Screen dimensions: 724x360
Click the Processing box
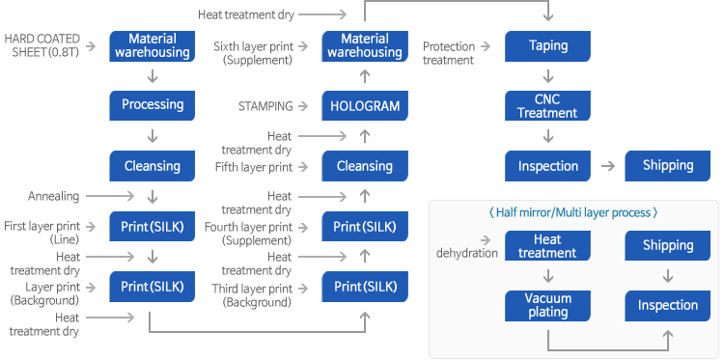(x=152, y=105)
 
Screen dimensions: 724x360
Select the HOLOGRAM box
(x=365, y=106)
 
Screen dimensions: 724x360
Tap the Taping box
(x=547, y=46)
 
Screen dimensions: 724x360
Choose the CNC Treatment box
(x=547, y=106)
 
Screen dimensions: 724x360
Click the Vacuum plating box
(x=547, y=306)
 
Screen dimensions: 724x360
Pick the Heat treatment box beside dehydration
(x=547, y=245)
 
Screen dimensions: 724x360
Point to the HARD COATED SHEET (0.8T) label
(x=42, y=45)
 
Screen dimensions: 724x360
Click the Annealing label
(x=53, y=196)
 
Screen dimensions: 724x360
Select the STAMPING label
(x=265, y=106)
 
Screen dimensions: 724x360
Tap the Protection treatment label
(x=448, y=53)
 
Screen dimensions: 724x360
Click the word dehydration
(x=467, y=253)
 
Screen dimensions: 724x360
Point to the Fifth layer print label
(x=254, y=167)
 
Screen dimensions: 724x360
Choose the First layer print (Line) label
(x=42, y=233)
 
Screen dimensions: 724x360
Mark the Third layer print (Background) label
(x=252, y=295)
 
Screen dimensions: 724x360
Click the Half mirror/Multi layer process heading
(x=572, y=212)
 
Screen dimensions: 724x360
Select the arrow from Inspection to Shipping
(x=608, y=166)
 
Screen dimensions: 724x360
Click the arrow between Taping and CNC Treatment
(x=548, y=76)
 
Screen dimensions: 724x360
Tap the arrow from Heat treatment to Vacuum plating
(x=548, y=276)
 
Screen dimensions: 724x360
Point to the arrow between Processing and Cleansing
(x=152, y=136)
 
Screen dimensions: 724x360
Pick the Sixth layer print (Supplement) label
(x=253, y=53)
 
